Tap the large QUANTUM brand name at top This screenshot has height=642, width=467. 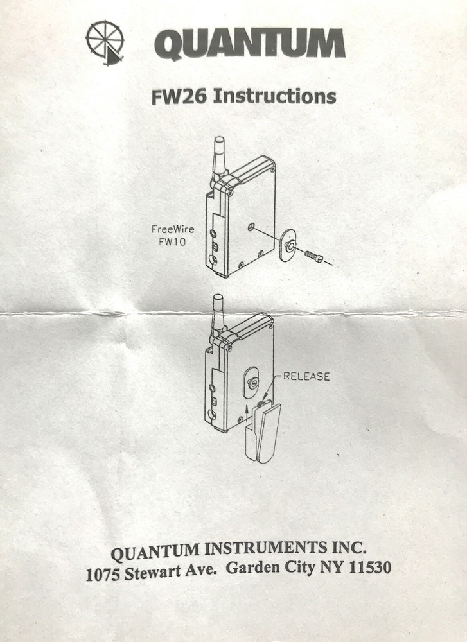(250, 45)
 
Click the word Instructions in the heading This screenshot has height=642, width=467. (274, 96)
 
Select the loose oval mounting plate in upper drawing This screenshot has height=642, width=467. (288, 246)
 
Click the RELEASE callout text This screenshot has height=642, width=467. (306, 376)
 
